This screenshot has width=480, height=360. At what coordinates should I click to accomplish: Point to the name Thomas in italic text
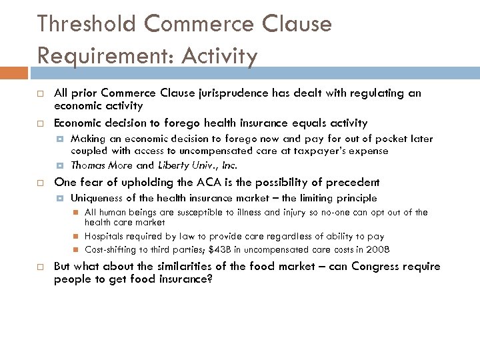pos(86,165)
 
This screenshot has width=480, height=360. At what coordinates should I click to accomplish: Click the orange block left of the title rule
pos(14,71)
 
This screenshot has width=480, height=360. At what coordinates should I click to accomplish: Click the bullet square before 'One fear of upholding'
pos(41,183)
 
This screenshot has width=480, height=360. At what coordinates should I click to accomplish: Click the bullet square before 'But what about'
pos(41,267)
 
